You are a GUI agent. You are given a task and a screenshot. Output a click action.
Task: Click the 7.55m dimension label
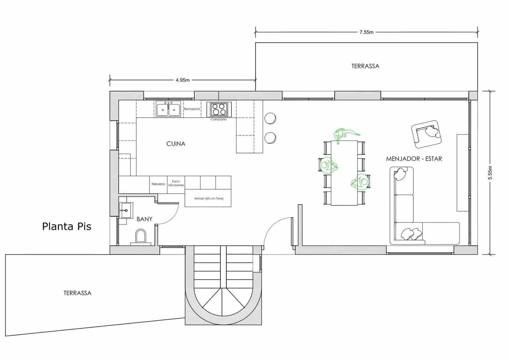pyautogui.click(x=366, y=32)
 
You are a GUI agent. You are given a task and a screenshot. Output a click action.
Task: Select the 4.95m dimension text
pyautogui.click(x=183, y=80)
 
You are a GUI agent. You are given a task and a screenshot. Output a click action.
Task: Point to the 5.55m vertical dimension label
pyautogui.click(x=490, y=173)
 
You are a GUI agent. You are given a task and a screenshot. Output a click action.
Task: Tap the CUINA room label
pyautogui.click(x=176, y=144)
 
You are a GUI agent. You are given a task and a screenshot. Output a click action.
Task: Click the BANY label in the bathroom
pyautogui.click(x=144, y=219)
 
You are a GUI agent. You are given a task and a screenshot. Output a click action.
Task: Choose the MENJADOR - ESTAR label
pyautogui.click(x=414, y=159)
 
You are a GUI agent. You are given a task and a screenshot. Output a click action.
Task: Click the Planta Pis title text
pyautogui.click(x=66, y=226)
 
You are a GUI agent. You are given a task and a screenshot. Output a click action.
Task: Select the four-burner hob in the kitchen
pyautogui.click(x=219, y=109)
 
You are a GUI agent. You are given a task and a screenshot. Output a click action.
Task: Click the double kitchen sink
pyautogui.click(x=168, y=109)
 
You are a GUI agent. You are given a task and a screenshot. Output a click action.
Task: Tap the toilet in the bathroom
pyautogui.click(x=140, y=236)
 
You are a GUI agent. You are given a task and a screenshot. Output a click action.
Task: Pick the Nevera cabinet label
pyautogui.click(x=158, y=184)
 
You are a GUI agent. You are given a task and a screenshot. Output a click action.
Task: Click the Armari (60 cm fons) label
pyautogui.click(x=209, y=198)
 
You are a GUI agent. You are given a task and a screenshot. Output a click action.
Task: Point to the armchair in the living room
pyautogui.click(x=427, y=134)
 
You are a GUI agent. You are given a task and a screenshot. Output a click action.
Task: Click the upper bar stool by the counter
pyautogui.click(x=270, y=118)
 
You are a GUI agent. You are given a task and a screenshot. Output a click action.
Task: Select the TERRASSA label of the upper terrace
pyautogui.click(x=365, y=66)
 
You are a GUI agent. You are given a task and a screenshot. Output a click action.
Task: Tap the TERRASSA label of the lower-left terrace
pyautogui.click(x=77, y=293)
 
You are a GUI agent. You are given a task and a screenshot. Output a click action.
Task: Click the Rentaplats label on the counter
pyautogui.click(x=192, y=109)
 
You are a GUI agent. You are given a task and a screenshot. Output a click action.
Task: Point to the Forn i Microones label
pyautogui.click(x=176, y=183)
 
